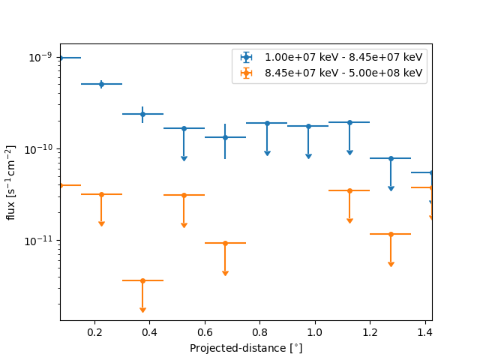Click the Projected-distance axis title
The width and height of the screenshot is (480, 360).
(x=246, y=348)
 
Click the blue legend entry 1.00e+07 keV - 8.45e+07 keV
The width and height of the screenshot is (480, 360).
(x=343, y=57)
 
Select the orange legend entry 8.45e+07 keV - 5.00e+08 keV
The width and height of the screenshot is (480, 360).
(x=343, y=73)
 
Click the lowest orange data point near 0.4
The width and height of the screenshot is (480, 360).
(x=142, y=280)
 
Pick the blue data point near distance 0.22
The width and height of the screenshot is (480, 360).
(x=101, y=84)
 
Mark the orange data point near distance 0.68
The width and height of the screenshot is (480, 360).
(x=225, y=243)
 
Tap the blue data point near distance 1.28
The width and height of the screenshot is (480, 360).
(x=391, y=158)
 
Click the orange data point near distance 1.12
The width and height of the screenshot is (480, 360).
(x=349, y=190)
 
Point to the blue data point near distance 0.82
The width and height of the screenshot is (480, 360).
(x=267, y=123)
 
